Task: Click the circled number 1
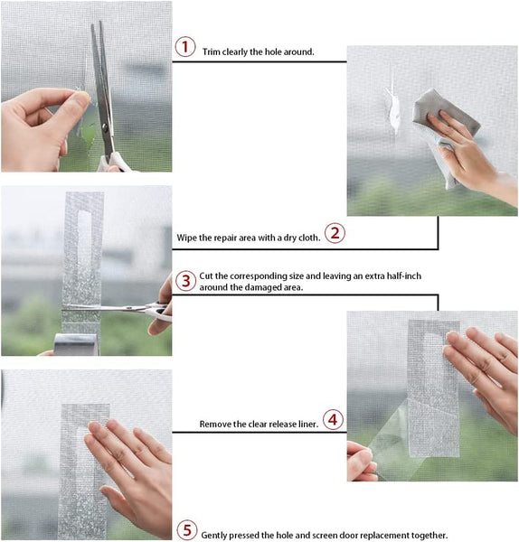pyautogui.click(x=185, y=47)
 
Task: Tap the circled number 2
pyautogui.click(x=335, y=233)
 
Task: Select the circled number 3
pyautogui.click(x=185, y=281)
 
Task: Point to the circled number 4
pyautogui.click(x=333, y=420)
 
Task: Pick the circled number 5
pyautogui.click(x=187, y=530)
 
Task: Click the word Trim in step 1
pyautogui.click(x=211, y=51)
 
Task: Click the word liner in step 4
pyautogui.click(x=307, y=425)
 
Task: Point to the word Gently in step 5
pyautogui.click(x=213, y=536)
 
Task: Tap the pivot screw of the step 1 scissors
pyautogui.click(x=105, y=128)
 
